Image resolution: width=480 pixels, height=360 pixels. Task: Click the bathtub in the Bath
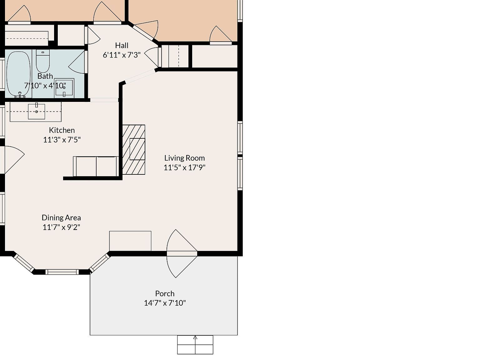[19, 74]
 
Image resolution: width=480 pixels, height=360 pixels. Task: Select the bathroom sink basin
[64, 87]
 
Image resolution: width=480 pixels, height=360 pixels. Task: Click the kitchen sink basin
[37, 112]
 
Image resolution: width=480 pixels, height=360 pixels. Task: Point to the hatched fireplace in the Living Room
[134, 149]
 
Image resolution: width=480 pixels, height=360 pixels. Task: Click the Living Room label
[184, 158]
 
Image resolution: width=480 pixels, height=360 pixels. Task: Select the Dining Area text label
[61, 217]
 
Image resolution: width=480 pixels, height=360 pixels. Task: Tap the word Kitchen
[62, 130]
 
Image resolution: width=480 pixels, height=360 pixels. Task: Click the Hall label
[122, 45]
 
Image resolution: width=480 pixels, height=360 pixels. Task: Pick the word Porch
[165, 293]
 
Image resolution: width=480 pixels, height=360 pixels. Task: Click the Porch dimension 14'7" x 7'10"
[165, 303]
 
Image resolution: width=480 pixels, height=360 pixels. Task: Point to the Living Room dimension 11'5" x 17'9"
[184, 167]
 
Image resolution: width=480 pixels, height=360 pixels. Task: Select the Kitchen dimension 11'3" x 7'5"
[62, 139]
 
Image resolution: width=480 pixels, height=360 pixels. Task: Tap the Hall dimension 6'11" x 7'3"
[122, 55]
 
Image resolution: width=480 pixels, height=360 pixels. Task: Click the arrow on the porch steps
[195, 338]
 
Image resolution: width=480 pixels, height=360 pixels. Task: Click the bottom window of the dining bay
[62, 272]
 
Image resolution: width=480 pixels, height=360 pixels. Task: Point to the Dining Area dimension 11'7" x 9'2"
[61, 227]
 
